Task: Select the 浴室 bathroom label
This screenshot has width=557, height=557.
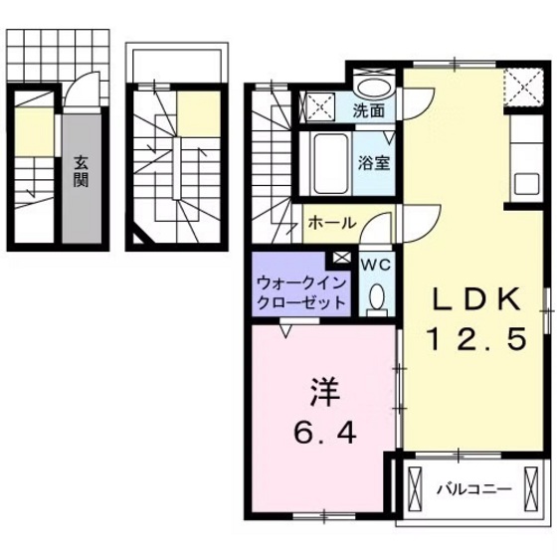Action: click(375, 162)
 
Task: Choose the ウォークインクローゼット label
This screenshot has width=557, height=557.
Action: click(299, 290)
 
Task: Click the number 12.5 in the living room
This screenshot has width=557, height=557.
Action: click(475, 340)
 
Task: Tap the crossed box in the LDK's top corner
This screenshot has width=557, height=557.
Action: click(524, 87)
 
